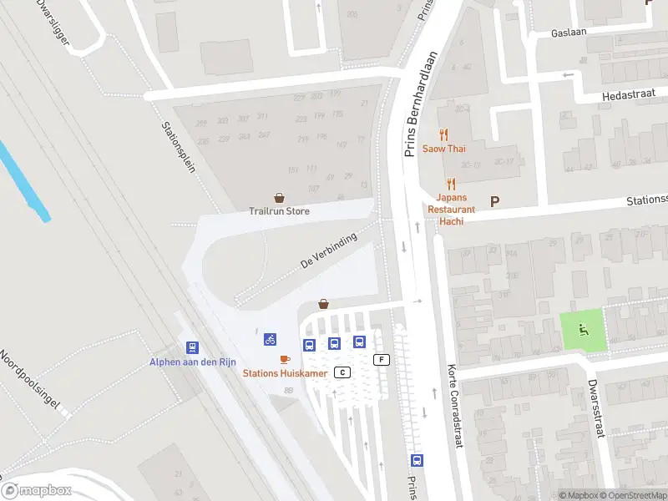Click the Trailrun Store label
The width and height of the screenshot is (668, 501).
279,211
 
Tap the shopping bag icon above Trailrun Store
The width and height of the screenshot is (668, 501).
279,198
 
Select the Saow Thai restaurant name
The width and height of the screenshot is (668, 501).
443,149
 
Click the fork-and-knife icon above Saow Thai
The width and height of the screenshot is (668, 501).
443,134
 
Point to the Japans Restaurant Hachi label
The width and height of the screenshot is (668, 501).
451,204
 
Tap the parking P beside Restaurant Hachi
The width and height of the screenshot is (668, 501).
494,201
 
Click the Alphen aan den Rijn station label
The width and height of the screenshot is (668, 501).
194,362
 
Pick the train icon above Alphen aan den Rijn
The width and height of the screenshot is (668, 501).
193,347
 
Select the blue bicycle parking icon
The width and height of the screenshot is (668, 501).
270,339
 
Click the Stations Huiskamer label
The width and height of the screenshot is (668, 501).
285,373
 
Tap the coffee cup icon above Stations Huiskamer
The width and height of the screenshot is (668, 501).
285,359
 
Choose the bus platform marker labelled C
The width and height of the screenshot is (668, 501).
342,372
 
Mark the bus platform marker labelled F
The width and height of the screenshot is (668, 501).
382,360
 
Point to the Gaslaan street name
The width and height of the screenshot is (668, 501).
569,33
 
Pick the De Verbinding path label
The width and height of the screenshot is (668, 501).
328,250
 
